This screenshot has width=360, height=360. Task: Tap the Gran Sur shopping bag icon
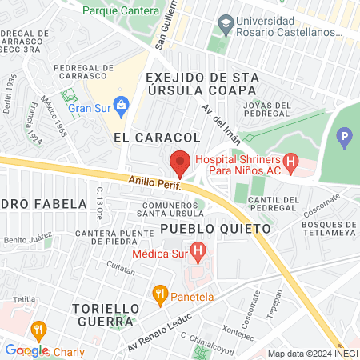tap(122, 104)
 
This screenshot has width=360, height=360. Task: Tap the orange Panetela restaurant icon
tap(160, 294)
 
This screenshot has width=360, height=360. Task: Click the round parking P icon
tap(346, 138)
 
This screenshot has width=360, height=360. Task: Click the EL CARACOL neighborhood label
tap(155, 138)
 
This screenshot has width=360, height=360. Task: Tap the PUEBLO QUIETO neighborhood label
tap(215, 229)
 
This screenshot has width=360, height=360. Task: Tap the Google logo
tap(26, 350)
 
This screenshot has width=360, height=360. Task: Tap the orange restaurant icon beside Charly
tap(38, 329)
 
